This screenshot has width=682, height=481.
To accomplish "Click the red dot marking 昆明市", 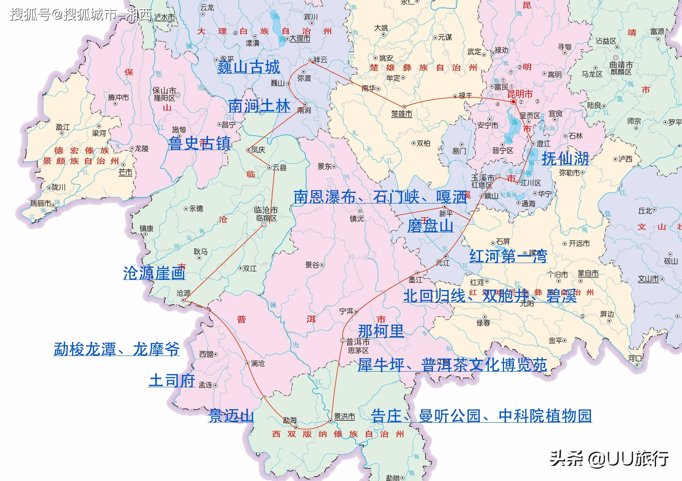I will (513, 101).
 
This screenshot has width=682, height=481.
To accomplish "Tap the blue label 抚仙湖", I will (565, 158).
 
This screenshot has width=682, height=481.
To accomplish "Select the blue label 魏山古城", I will (248, 67).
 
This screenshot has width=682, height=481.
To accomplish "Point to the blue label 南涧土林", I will (259, 106).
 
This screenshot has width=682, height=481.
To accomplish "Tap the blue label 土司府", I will (172, 381).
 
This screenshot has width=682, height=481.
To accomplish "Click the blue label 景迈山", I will (231, 415).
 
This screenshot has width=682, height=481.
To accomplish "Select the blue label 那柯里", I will (381, 331).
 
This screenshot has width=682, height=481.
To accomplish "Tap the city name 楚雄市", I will (402, 114).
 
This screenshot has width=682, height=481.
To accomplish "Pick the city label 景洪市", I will (344, 417).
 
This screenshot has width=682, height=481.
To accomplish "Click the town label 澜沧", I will (257, 363).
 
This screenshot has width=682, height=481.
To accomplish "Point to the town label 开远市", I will (579, 244).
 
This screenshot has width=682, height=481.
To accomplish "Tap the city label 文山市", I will (648, 279).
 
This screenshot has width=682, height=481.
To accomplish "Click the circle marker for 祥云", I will (310, 60).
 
